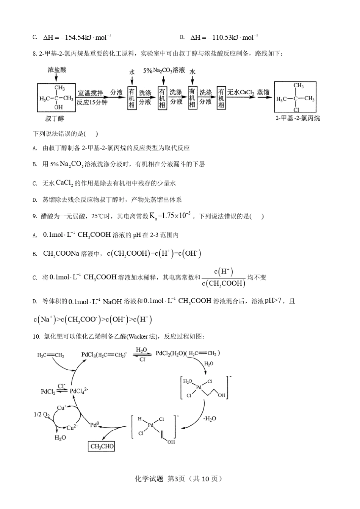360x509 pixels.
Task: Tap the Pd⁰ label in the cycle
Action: tap(94, 425)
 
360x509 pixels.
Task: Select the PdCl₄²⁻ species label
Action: tap(79, 390)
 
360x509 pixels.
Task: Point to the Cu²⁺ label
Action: tap(72, 427)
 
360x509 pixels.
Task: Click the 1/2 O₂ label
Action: tap(42, 415)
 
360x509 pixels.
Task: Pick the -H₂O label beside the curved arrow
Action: tap(210, 418)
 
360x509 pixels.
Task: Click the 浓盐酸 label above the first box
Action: tap(57, 70)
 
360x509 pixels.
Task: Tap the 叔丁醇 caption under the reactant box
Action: tap(55, 119)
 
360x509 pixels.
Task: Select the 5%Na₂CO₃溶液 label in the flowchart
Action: tap(164, 70)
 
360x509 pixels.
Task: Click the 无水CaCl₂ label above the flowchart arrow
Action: tap(241, 92)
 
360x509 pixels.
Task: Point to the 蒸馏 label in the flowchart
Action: tap(263, 92)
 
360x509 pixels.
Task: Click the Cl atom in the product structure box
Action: tap(296, 110)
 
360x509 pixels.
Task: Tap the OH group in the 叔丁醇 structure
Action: tap(58, 107)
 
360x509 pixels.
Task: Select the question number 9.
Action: tap(34, 216)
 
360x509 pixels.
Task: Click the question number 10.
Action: tap(36, 337)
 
